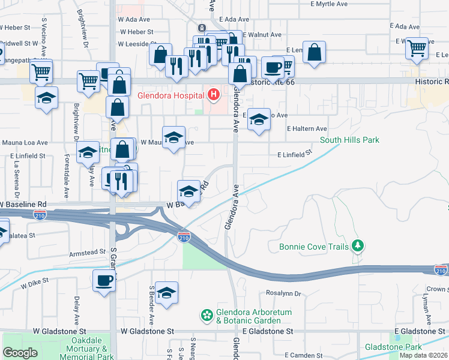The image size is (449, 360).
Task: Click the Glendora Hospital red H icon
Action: (x=212, y=94)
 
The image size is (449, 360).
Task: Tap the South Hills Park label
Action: (x=349, y=140)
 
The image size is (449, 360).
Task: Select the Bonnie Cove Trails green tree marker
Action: (x=358, y=245)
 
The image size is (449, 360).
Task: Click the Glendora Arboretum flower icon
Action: (x=207, y=314)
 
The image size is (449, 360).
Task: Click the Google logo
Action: (x=20, y=352)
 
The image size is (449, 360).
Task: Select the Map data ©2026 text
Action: (x=423, y=355)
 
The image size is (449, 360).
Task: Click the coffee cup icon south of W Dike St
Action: (x=105, y=280)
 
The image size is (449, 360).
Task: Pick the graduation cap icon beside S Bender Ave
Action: (x=166, y=292)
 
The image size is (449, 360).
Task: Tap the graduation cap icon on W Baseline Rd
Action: (x=188, y=191)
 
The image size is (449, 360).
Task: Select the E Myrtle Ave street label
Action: (x=325, y=4)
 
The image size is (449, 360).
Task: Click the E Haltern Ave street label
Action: (x=306, y=128)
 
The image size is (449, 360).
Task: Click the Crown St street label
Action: (x=438, y=289)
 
